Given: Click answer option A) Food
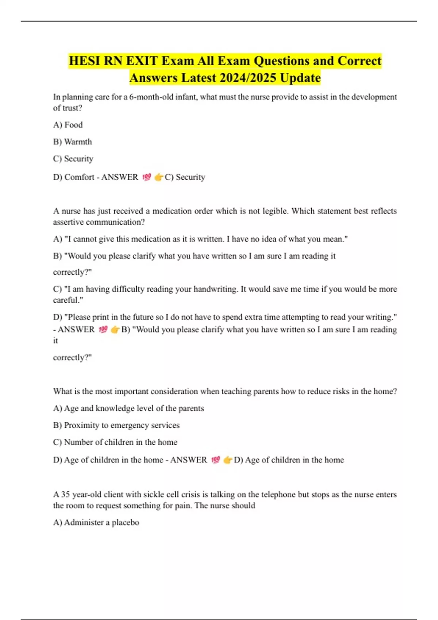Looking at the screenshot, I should [x=68, y=125].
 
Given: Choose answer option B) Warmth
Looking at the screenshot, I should [x=72, y=142].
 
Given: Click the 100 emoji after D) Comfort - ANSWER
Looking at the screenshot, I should [x=146, y=177].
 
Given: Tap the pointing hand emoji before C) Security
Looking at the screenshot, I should [x=158, y=177].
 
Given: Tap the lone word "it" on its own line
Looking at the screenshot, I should [x=55, y=341].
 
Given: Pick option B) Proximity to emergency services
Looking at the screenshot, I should [x=116, y=425].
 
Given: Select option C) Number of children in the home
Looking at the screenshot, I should [x=115, y=442].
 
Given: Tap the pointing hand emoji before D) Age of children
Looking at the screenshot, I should [x=227, y=460].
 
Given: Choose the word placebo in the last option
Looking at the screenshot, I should [x=125, y=523].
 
